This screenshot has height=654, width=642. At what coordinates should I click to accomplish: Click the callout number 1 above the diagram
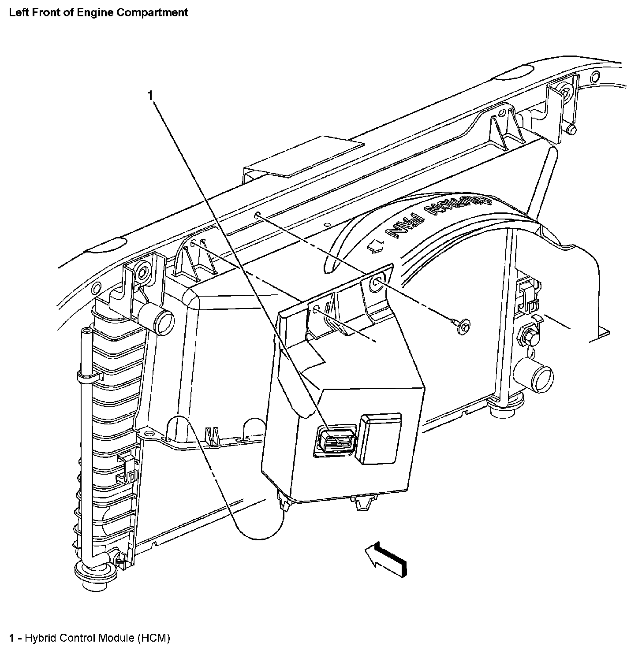pyautogui.click(x=151, y=95)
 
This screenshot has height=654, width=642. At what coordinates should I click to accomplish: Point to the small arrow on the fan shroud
pyautogui.click(x=376, y=247)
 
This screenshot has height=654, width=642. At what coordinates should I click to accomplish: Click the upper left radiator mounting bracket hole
pyautogui.click(x=142, y=272)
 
